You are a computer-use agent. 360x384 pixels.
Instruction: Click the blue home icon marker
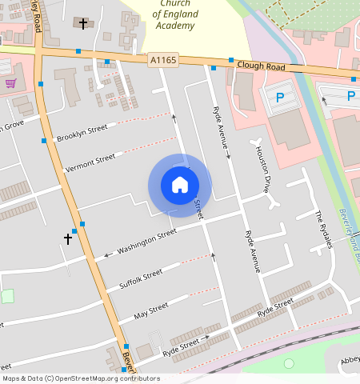(180, 185)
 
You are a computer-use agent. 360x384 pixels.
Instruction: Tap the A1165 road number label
(162, 59)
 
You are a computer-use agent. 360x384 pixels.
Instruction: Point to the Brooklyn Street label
(82, 134)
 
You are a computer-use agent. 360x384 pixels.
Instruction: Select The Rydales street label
(322, 230)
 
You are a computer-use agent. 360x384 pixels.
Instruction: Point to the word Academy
(176, 26)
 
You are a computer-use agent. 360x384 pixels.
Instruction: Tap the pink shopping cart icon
(10, 82)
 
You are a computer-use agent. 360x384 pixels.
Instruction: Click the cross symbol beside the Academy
(83, 24)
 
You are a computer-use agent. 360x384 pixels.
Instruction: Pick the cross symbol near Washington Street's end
(68, 238)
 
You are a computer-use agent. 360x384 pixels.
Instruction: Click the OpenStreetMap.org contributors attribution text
(107, 378)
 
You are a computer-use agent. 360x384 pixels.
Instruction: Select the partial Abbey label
(350, 360)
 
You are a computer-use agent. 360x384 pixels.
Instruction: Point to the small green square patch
(7, 296)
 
